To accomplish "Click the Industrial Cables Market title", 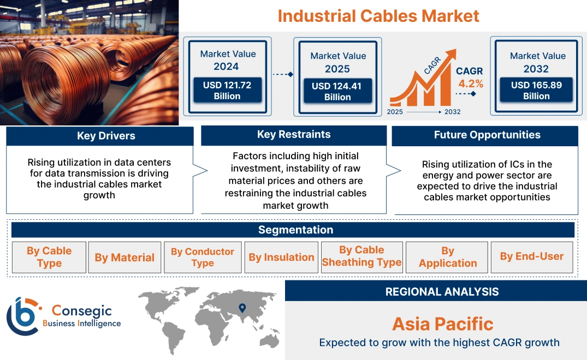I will pos(378,16).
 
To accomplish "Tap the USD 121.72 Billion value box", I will pos(227,91).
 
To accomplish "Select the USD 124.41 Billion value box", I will pos(337,92).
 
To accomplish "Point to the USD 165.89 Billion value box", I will pos(536,91).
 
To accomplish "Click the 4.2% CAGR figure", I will pos(471,84).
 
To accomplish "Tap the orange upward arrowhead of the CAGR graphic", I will pos(451,55).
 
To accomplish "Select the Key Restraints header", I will pos(294,135).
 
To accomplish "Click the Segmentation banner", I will pos(295,230).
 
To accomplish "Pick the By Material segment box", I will pos(124,257).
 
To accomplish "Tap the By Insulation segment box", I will pos(281,257).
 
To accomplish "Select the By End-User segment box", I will pos(532,256).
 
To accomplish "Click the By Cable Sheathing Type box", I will pos(361,256).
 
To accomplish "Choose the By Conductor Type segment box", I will pos(203,257).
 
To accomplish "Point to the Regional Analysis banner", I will pos(442,292).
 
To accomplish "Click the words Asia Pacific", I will pos(442,324).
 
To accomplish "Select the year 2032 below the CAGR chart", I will pos(452,112).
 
